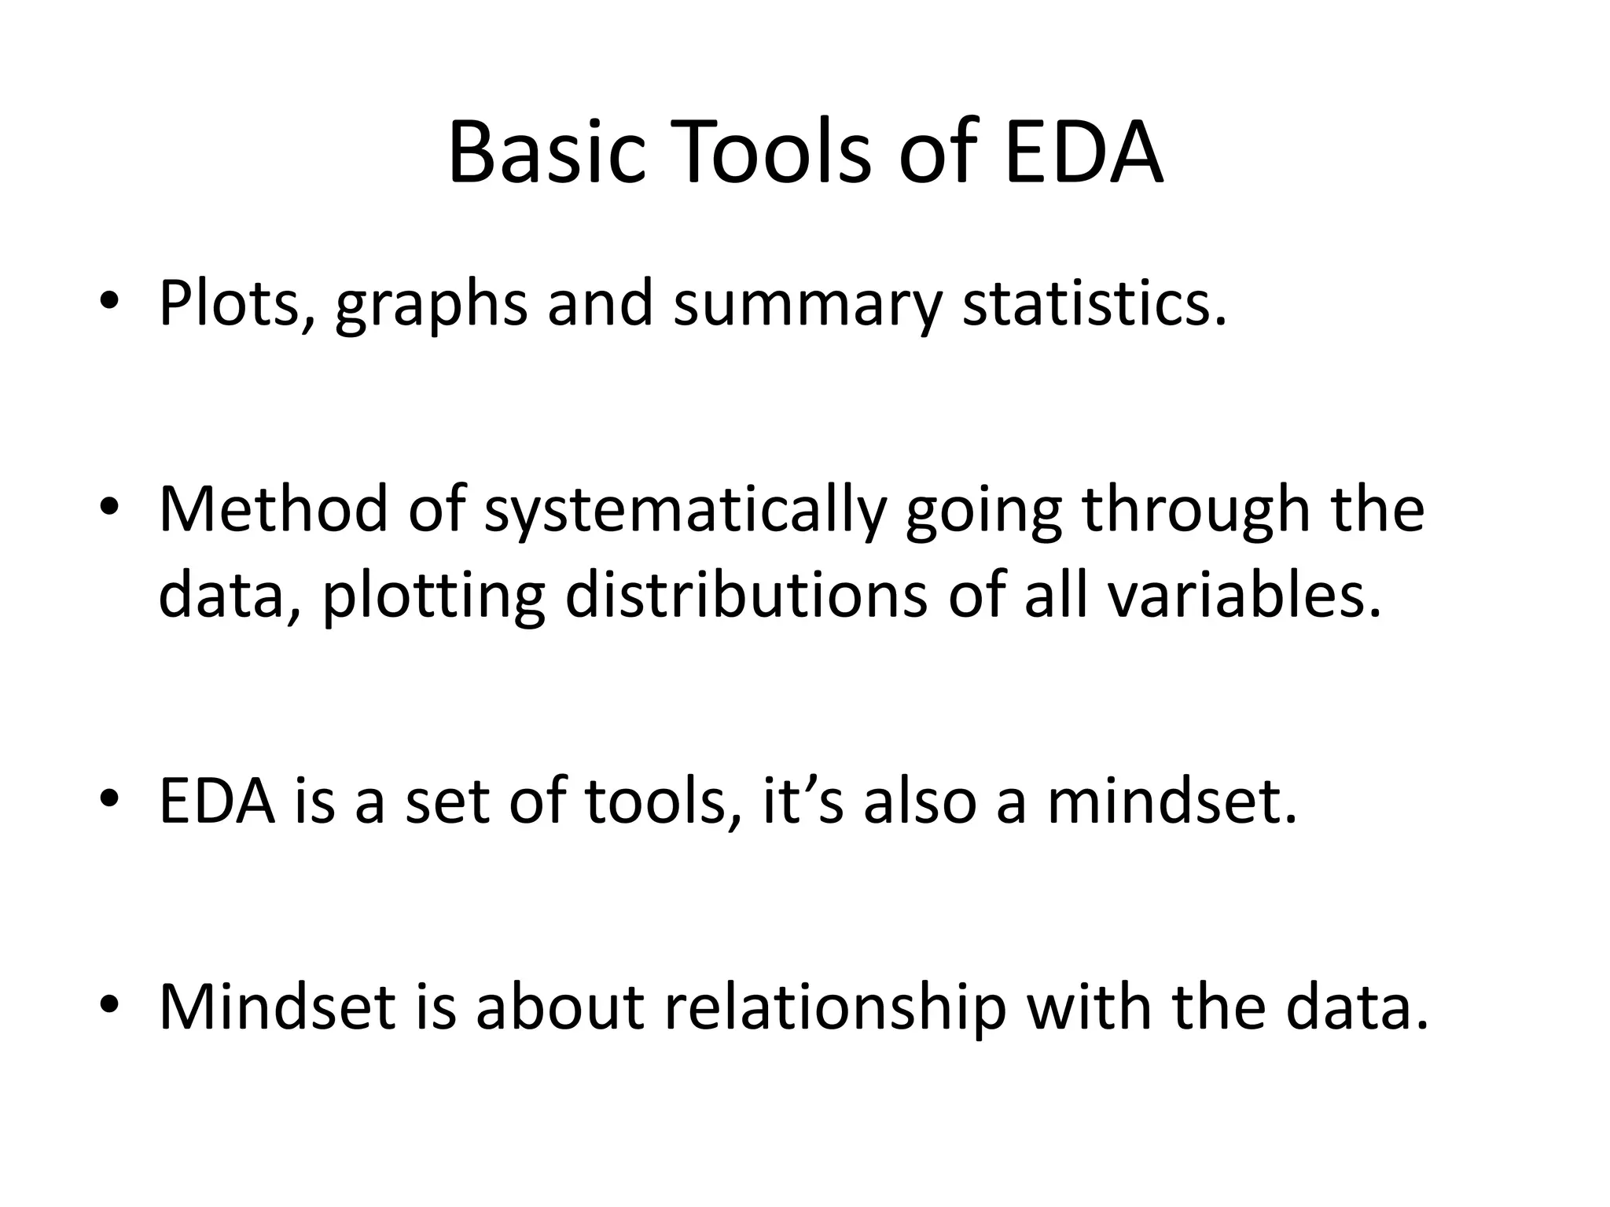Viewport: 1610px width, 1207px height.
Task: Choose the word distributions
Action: pos(746,595)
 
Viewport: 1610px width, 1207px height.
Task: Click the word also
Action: pos(920,802)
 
